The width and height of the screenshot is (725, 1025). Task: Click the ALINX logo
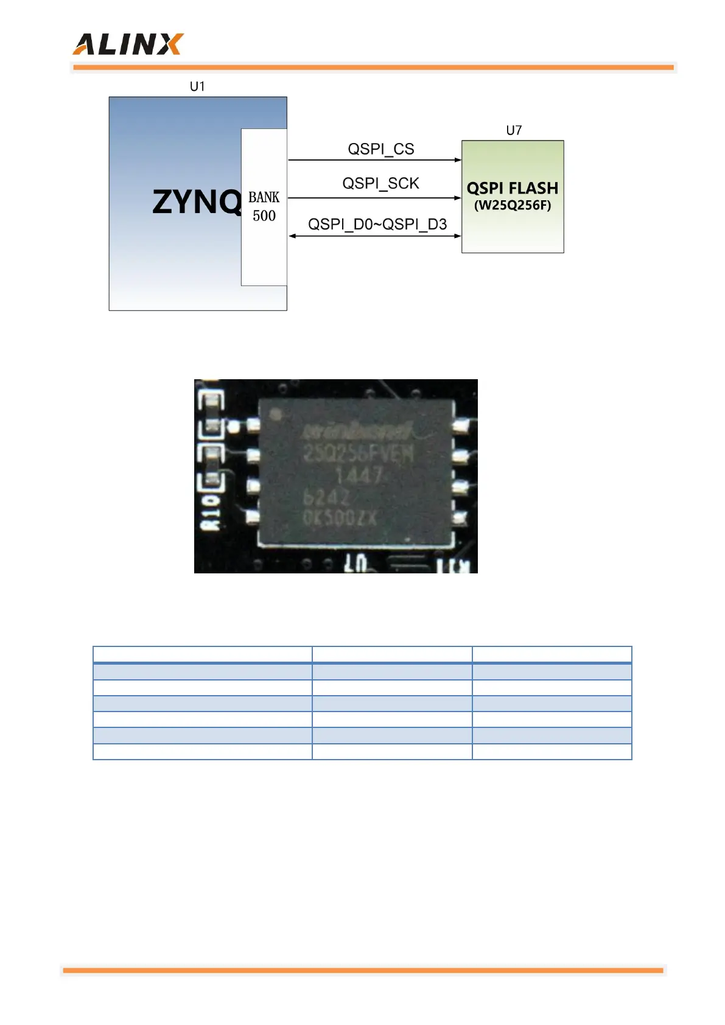(128, 44)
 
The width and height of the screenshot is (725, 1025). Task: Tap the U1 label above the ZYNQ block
(197, 86)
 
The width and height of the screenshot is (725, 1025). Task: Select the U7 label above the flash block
(514, 130)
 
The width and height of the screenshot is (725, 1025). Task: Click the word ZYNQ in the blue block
(196, 202)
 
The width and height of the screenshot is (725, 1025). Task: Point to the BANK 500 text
(264, 206)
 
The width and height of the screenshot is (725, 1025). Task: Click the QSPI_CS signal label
(380, 149)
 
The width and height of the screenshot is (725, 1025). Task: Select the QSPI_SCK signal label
(380, 183)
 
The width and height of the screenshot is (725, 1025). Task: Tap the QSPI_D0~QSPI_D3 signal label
(377, 224)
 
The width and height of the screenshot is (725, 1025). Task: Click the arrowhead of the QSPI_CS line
(458, 160)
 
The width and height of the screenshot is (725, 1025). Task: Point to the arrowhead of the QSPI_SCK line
(458, 198)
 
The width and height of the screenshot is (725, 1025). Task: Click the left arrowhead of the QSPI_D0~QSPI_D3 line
(292, 236)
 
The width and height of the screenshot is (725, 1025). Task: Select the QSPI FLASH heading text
(513, 188)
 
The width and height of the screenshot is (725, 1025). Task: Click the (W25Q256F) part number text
(513, 205)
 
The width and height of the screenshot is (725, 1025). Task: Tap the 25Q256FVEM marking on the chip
(359, 453)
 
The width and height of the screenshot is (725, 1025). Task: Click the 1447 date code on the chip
(360, 475)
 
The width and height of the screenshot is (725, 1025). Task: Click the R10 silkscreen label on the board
(211, 512)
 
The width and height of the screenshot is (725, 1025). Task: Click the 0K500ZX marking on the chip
(340, 519)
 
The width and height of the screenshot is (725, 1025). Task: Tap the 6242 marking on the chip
(326, 498)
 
